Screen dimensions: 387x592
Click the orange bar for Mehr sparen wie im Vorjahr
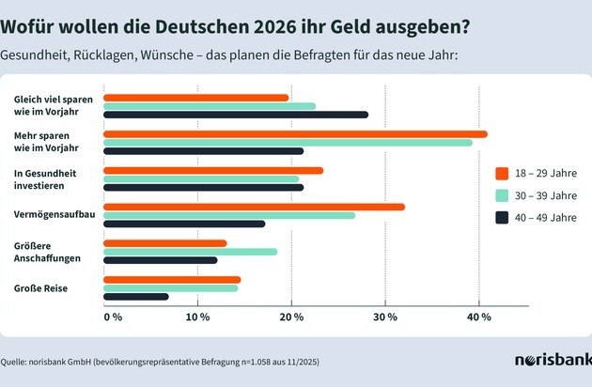[295, 134]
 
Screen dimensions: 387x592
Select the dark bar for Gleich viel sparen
[235, 115]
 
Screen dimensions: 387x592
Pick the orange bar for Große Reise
[171, 279]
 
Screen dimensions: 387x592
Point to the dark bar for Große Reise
[135, 297]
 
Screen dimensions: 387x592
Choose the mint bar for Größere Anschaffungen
[190, 252]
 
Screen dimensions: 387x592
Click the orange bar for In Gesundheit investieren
[212, 170]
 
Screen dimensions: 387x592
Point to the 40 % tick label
[479, 317]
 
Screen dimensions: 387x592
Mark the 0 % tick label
[112, 317]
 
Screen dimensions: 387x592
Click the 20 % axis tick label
[291, 317]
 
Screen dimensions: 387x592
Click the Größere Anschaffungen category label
[48, 252]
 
